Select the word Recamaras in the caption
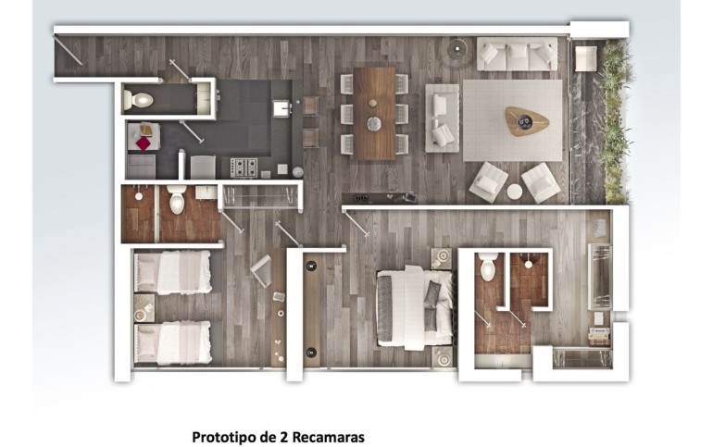click(328, 437)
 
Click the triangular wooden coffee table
click(526, 121)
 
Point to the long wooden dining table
click(374, 114)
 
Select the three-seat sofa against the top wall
click(517, 54)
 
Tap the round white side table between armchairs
click(515, 192)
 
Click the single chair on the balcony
click(586, 58)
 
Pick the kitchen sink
click(281, 108)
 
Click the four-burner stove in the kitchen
click(244, 168)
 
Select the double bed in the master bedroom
click(414, 307)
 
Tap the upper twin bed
click(173, 273)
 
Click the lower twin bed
click(173, 343)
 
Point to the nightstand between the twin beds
click(144, 308)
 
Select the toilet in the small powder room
click(138, 99)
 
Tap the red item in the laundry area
click(144, 143)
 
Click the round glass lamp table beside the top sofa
click(457, 49)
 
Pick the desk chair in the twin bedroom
click(261, 271)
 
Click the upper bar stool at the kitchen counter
click(310, 106)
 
